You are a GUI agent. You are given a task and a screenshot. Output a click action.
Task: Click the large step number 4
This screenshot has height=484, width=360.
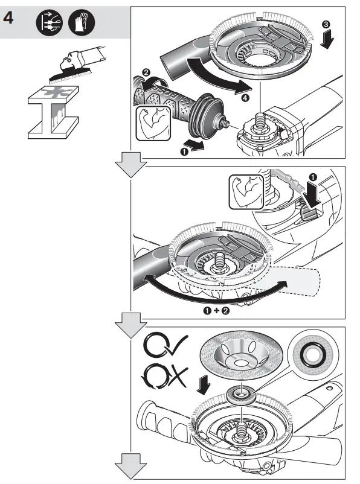tap(10, 18)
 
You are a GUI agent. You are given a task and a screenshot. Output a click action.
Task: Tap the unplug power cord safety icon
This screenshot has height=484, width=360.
tap(48, 23)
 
